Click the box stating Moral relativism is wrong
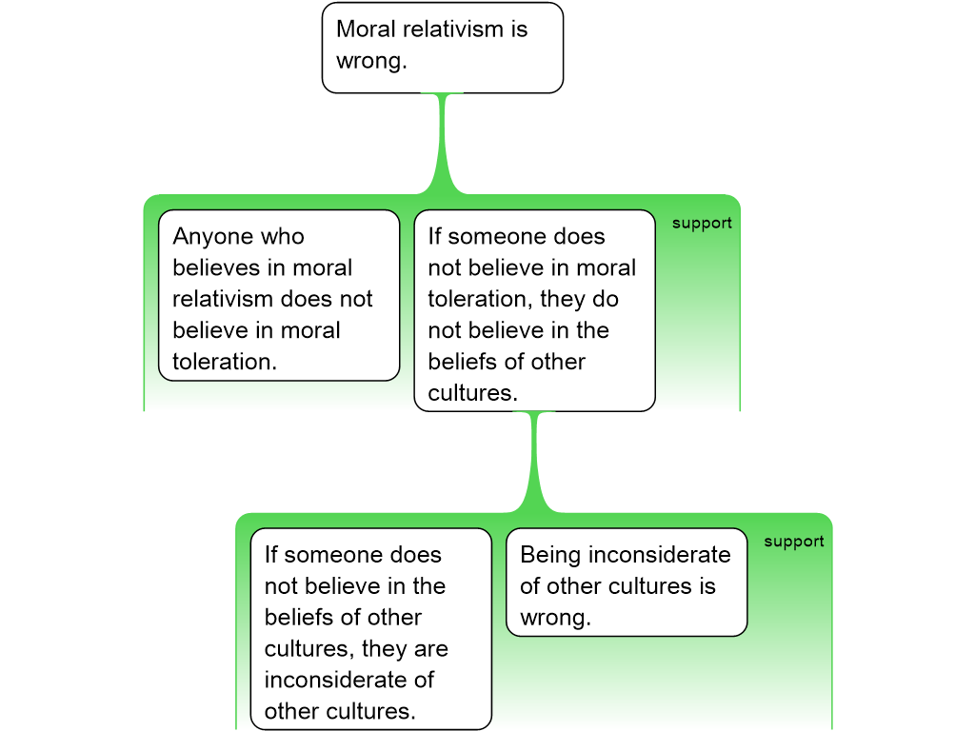click(443, 48)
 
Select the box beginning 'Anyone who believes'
click(278, 295)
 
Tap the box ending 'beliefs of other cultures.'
click(534, 310)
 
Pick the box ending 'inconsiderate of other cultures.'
click(370, 629)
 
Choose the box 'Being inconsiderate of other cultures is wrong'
click(626, 582)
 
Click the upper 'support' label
click(702, 224)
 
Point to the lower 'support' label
click(793, 542)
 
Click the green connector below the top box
click(443, 143)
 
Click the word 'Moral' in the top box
click(366, 29)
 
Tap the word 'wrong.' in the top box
click(371, 61)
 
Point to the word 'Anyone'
click(212, 236)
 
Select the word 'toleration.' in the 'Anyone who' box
click(224, 362)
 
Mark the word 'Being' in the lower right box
click(550, 555)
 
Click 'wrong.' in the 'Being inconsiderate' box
click(555, 618)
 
